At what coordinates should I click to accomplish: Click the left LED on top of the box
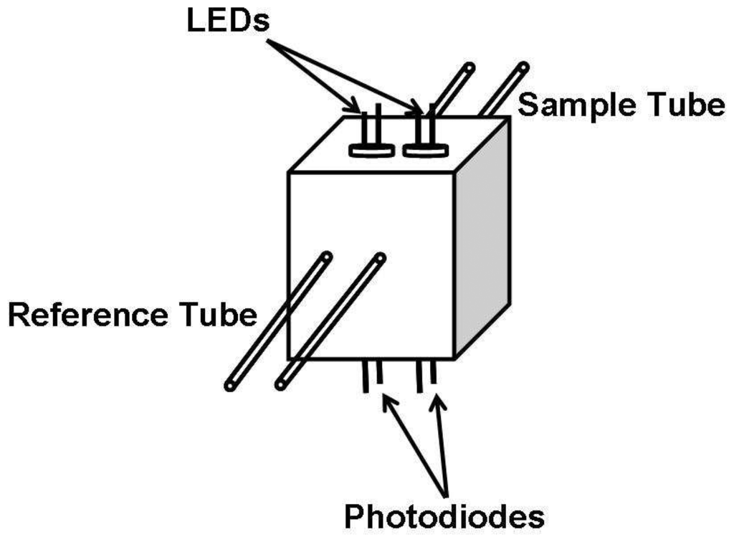[x=371, y=140]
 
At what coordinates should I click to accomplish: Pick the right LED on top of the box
[x=425, y=140]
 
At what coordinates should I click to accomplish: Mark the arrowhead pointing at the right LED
[x=416, y=110]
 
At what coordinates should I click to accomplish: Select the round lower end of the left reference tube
[x=230, y=386]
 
